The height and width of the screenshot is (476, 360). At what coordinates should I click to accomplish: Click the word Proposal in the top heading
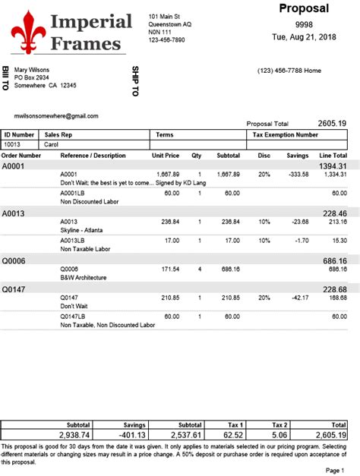(x=304, y=9)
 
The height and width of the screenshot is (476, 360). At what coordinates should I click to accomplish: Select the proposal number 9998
(x=304, y=24)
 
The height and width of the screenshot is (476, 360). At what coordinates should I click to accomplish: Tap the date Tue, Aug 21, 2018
(x=304, y=37)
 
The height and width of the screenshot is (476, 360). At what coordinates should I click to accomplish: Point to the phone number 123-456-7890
(x=166, y=40)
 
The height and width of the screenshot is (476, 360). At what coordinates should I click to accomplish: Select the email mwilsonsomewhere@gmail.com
(x=56, y=116)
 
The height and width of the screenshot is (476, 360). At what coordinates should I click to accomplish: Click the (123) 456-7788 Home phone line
(x=289, y=71)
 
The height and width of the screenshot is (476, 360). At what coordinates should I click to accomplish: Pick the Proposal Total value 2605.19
(x=332, y=123)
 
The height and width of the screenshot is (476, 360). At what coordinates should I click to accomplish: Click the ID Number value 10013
(x=13, y=143)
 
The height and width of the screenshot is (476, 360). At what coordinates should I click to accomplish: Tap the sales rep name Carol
(x=52, y=143)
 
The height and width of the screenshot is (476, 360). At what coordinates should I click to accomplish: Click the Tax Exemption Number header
(x=285, y=134)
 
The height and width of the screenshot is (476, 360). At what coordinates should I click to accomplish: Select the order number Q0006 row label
(x=14, y=260)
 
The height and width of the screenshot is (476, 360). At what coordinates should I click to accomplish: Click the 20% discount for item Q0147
(x=264, y=297)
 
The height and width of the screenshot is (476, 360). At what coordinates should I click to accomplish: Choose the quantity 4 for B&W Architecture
(x=200, y=269)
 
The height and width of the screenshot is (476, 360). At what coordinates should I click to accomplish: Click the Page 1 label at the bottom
(x=335, y=471)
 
